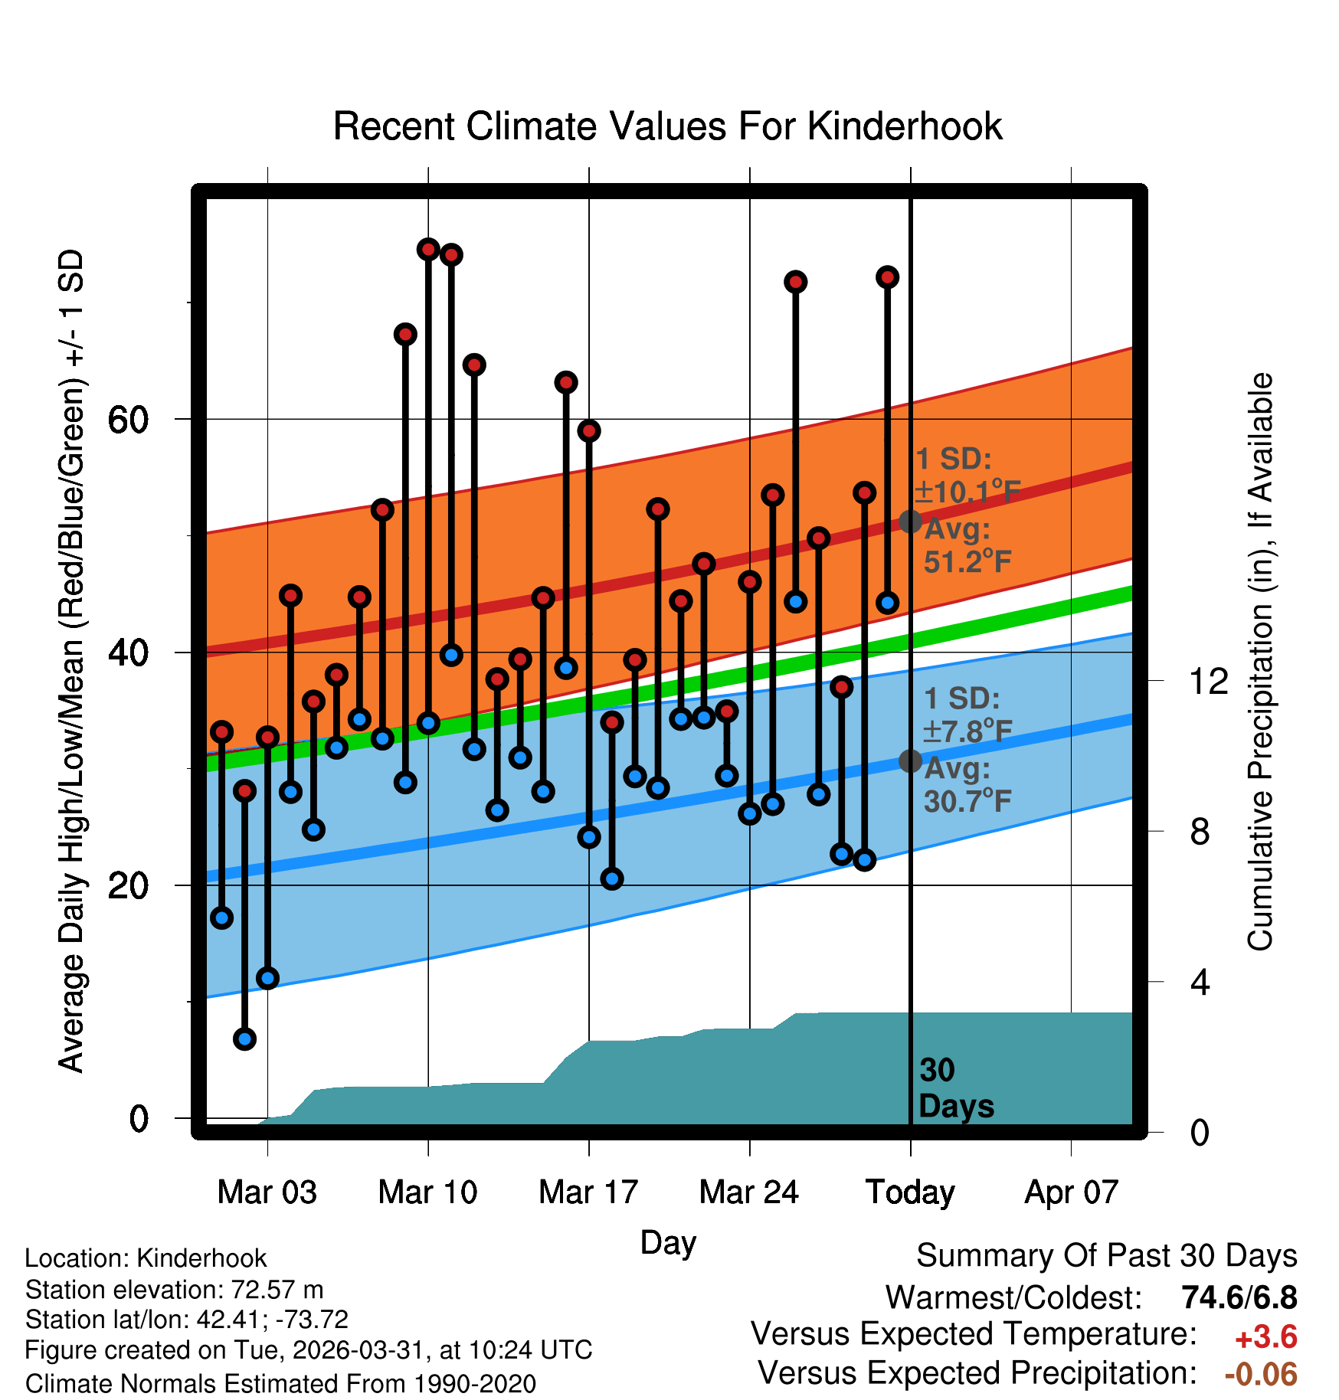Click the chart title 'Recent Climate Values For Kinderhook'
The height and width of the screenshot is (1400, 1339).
point(667,126)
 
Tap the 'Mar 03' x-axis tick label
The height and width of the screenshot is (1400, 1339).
point(267,1192)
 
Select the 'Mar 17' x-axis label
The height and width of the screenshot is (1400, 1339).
point(588,1192)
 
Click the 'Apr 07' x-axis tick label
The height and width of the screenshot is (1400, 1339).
point(1072,1192)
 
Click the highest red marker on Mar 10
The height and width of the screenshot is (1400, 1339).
point(428,249)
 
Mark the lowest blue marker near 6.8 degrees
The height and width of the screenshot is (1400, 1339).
point(244,1039)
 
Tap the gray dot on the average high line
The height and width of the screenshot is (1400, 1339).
point(910,522)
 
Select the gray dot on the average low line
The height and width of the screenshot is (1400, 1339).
point(910,761)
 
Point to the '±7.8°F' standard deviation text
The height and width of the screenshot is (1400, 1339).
point(967,731)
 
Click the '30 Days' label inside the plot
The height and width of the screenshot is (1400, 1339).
point(956,1088)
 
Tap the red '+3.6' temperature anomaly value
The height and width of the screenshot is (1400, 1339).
point(1266,1337)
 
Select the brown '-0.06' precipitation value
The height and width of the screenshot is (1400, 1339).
point(1262,1374)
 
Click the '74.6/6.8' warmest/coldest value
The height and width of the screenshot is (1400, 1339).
point(1239,1297)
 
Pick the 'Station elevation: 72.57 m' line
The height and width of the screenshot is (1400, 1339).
point(175,1290)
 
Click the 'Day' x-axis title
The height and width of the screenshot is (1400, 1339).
point(668,1243)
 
